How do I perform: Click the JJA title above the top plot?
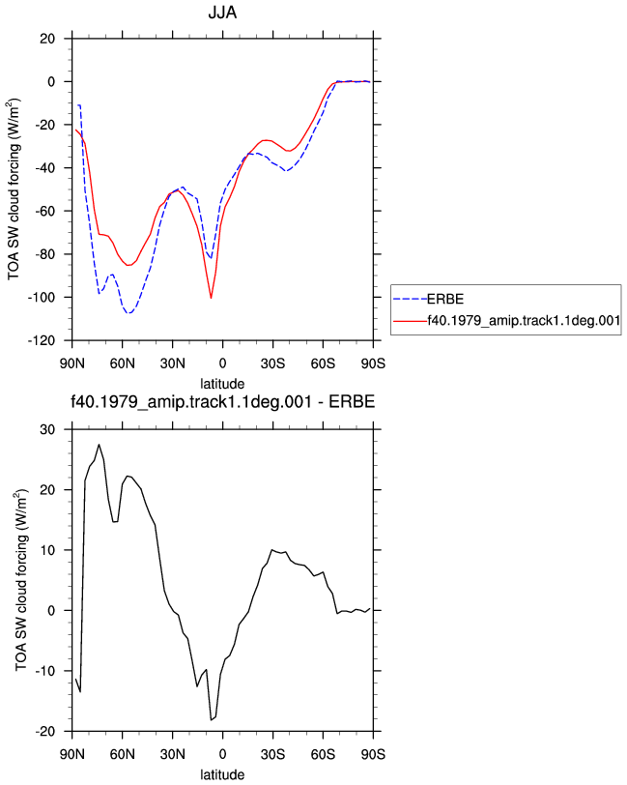(x=222, y=12)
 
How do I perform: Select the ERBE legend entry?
(x=444, y=299)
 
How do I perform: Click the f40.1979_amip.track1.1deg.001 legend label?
(x=524, y=320)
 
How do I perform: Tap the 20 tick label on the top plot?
(x=47, y=39)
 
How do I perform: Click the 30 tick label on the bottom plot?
(x=47, y=429)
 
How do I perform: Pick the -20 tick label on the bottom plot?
(x=44, y=732)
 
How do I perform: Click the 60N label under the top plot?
(x=123, y=363)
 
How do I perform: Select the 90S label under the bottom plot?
(x=373, y=754)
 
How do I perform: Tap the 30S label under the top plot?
(x=272, y=363)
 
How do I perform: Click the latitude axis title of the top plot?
(x=222, y=384)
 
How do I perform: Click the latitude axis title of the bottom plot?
(x=222, y=775)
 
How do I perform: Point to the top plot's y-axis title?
(x=14, y=189)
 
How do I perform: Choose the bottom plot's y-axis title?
(x=21, y=580)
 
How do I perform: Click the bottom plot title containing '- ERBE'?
(x=222, y=401)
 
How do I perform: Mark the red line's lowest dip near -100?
(x=212, y=298)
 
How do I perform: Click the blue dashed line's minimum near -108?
(x=129, y=313)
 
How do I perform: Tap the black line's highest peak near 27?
(x=100, y=445)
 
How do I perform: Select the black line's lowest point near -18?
(x=212, y=720)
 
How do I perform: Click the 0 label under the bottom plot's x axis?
(x=222, y=754)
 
